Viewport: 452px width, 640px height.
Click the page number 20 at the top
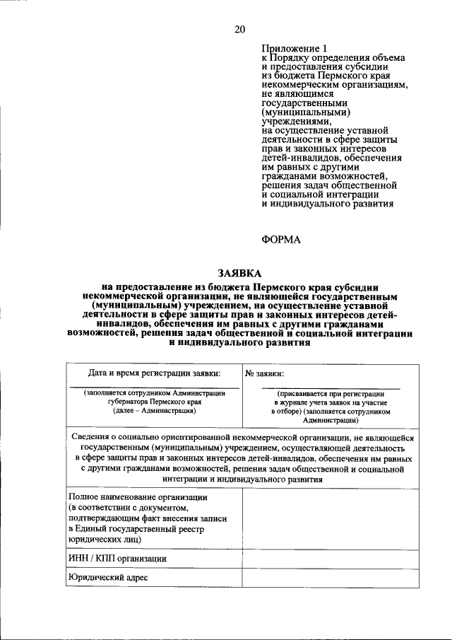pyautogui.click(x=240, y=29)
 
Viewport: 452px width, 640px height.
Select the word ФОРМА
pyautogui.click(x=281, y=240)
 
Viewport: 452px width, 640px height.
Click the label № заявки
pyautogui.click(x=265, y=373)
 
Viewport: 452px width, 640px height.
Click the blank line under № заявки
pyautogui.click(x=330, y=388)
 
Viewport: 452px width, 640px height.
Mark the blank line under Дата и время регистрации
pyautogui.click(x=153, y=386)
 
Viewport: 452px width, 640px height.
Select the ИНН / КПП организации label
pyautogui.click(x=117, y=558)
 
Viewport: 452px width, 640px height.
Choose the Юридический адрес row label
pyautogui.click(x=108, y=577)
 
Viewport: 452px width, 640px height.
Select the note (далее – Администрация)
pyautogui.click(x=153, y=410)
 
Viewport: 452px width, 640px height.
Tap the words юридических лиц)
pyautogui.click(x=105, y=539)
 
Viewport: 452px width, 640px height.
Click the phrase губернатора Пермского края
pyautogui.click(x=153, y=401)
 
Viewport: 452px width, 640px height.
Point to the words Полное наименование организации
pyautogui.click(x=138, y=498)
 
